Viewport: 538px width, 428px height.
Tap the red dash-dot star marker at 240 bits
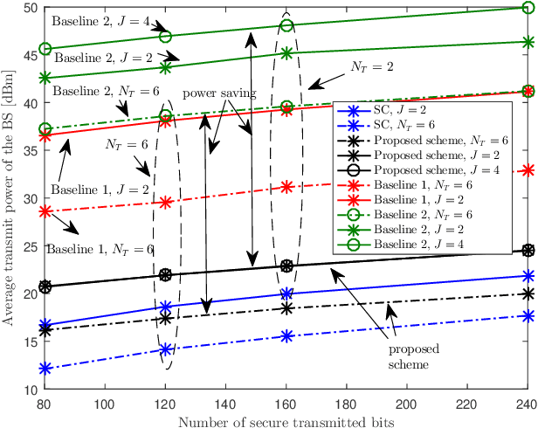tap(528, 169)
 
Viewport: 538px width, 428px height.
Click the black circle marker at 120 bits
tap(166, 274)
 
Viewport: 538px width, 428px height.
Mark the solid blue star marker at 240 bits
tap(528, 276)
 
